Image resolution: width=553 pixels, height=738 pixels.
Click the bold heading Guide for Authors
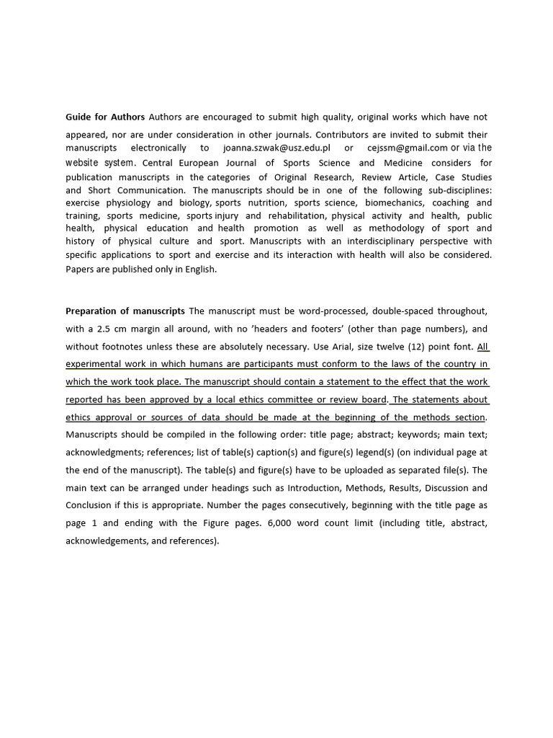[105, 117]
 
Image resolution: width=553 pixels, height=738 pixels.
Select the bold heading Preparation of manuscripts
[126, 311]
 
